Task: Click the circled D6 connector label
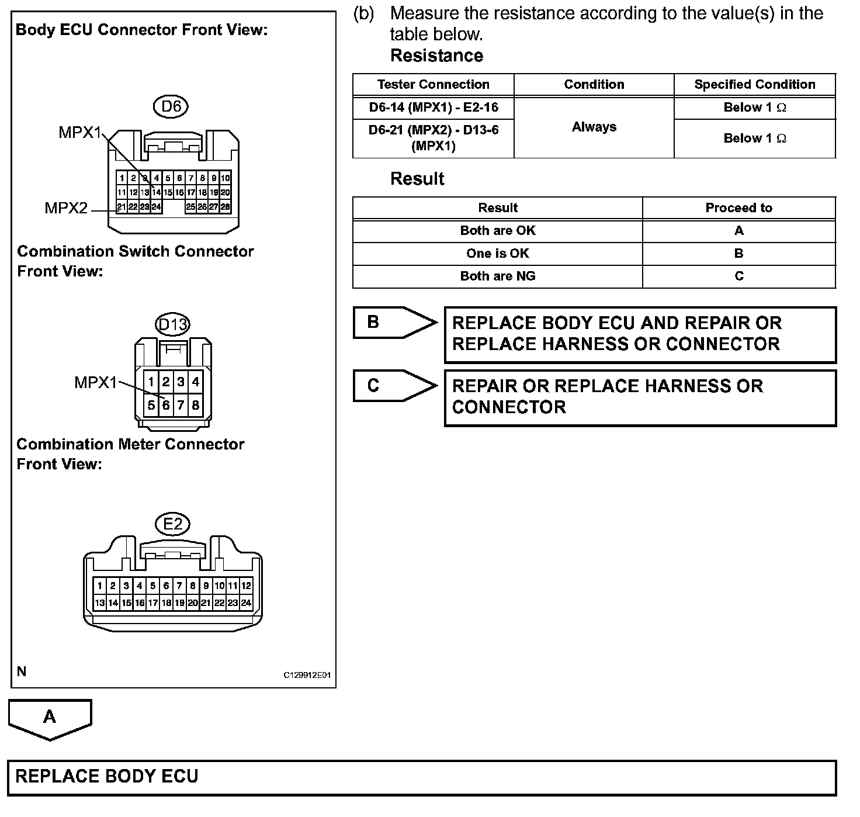tap(171, 106)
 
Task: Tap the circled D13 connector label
tap(173, 324)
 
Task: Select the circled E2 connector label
tap(173, 524)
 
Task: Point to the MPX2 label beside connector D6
tap(66, 207)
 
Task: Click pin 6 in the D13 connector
tap(166, 404)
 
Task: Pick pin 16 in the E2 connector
tap(140, 603)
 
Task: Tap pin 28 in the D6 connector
tap(226, 206)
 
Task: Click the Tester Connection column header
tap(433, 84)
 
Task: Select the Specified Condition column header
tap(754, 84)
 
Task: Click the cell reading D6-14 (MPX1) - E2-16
tap(433, 108)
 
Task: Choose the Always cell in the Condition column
tap(594, 127)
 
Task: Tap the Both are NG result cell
tap(497, 276)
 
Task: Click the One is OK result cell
tap(497, 253)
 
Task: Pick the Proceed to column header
tap(738, 207)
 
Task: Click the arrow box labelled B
tap(393, 322)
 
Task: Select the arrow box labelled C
tap(393, 385)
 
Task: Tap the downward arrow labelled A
tap(50, 718)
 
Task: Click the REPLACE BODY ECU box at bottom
tap(422, 777)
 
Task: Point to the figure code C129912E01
tap(307, 675)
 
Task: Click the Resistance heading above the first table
tap(436, 56)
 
